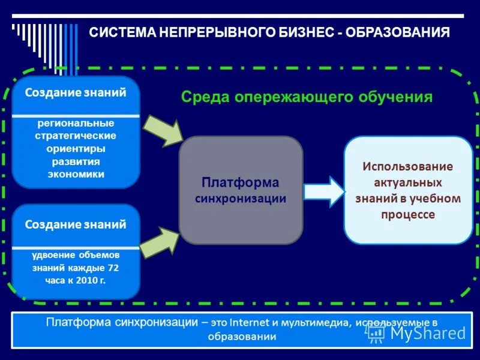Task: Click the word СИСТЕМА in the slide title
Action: click(x=122, y=32)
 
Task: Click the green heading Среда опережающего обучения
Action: click(x=307, y=97)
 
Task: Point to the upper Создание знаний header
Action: click(x=76, y=93)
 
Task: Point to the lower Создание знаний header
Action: click(x=76, y=225)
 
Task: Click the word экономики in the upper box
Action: click(x=76, y=175)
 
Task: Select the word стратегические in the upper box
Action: click(x=76, y=136)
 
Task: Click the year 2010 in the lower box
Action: click(x=85, y=280)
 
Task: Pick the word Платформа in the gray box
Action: click(x=240, y=182)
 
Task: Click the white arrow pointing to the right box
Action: click(x=323, y=191)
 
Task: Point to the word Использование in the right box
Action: click(x=407, y=166)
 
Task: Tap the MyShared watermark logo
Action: click(x=416, y=333)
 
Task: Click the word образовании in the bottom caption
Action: click(x=242, y=337)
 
